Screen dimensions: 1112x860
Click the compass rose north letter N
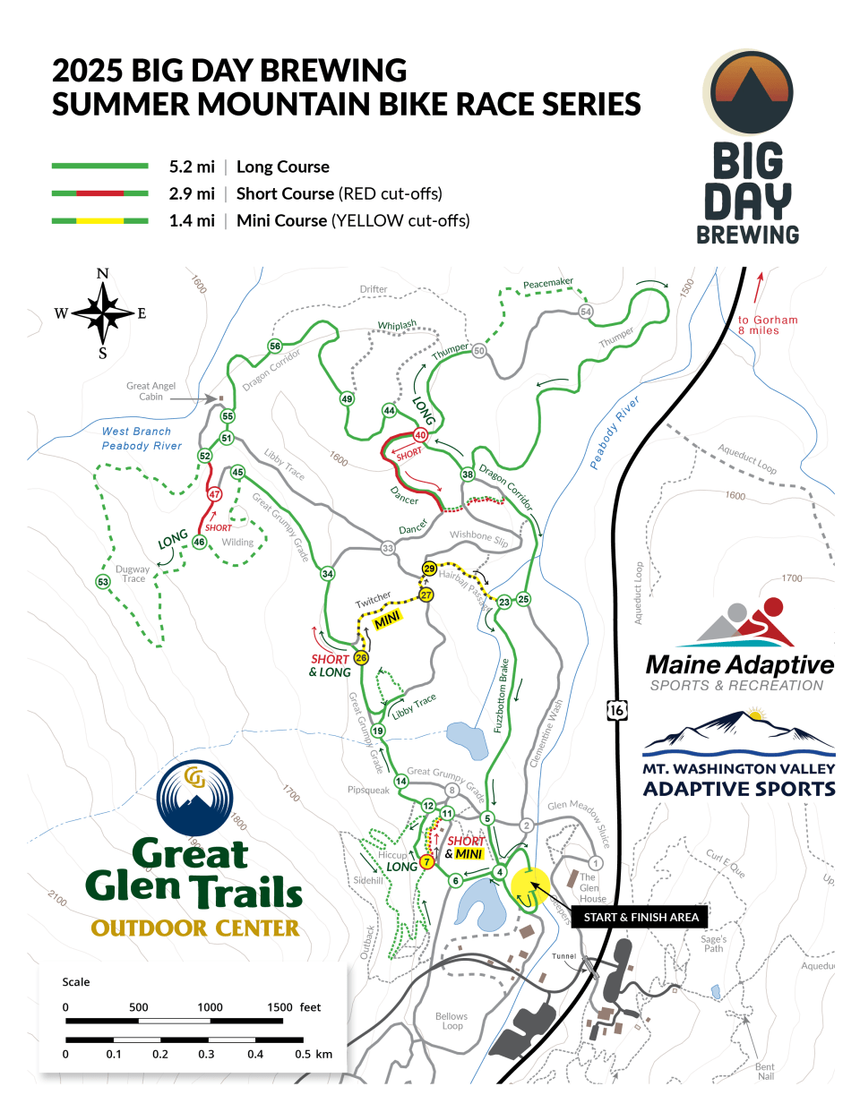tap(103, 274)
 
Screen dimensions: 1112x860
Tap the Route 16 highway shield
tap(616, 710)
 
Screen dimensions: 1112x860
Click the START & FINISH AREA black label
tap(641, 917)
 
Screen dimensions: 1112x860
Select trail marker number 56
tap(275, 346)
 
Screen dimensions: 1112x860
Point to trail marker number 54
tap(586, 312)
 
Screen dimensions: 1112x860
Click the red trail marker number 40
tap(420, 435)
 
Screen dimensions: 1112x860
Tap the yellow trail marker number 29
tap(429, 569)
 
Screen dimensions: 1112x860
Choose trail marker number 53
tap(103, 582)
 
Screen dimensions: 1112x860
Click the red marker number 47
tap(214, 494)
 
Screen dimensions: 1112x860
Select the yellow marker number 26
tap(361, 657)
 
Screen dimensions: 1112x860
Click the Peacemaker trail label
tap(547, 284)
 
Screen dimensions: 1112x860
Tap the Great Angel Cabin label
tap(150, 391)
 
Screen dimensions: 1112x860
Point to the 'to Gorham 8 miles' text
tap(767, 325)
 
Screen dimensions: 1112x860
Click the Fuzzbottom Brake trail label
tap(503, 696)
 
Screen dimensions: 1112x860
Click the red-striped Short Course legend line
tap(100, 193)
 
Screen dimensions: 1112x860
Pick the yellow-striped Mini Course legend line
tap(100, 220)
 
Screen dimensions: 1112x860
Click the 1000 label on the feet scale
tap(210, 1007)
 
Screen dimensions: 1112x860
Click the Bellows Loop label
tap(451, 1021)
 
